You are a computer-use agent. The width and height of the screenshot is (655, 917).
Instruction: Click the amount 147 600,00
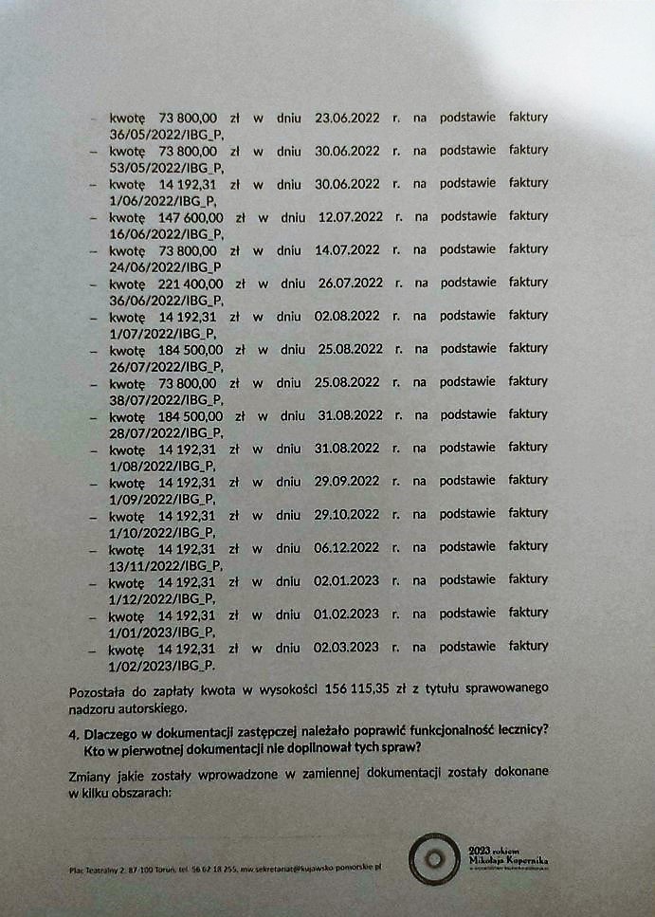pyautogui.click(x=191, y=216)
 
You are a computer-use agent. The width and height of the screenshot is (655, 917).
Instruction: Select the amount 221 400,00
pyautogui.click(x=191, y=283)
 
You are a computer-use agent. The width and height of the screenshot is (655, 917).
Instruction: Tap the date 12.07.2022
pyautogui.click(x=351, y=216)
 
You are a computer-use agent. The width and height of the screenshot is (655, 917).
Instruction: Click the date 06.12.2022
pyautogui.click(x=347, y=547)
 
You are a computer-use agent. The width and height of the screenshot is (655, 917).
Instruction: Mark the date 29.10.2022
pyautogui.click(x=347, y=514)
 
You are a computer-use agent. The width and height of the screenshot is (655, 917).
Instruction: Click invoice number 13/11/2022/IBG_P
pyautogui.click(x=163, y=564)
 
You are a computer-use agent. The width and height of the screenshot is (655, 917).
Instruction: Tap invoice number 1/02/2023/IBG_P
pyautogui.click(x=161, y=664)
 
